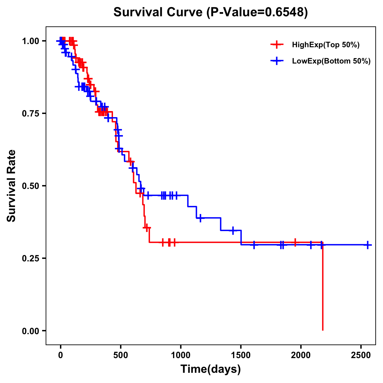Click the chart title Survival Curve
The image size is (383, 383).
158,12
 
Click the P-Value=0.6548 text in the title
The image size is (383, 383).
257,12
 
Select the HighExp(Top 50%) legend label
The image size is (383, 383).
326,45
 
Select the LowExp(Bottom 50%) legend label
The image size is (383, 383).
331,61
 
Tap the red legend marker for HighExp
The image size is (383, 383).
277,45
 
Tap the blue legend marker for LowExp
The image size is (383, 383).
277,61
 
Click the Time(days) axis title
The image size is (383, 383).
211,369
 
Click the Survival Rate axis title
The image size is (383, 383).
12,186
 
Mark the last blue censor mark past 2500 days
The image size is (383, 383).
368,245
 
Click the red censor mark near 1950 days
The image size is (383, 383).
295,242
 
